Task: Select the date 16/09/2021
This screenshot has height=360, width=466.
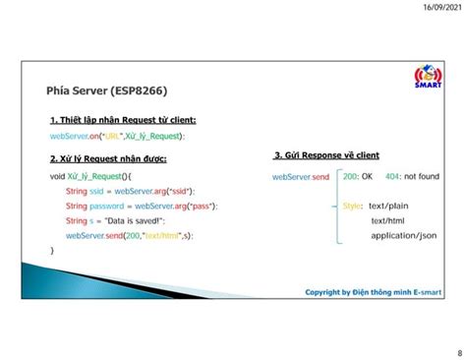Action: [438, 8]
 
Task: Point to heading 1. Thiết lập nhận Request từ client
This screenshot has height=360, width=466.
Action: [122, 121]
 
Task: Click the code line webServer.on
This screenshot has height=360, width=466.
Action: [117, 137]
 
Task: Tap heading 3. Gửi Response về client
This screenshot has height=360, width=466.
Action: [326, 156]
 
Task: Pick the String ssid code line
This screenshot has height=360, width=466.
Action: [130, 191]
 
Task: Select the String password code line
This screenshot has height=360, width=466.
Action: [142, 207]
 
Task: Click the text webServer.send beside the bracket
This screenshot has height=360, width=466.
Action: [301, 177]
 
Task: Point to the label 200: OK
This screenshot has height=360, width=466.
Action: [358, 177]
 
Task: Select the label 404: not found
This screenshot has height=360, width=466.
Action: [412, 177]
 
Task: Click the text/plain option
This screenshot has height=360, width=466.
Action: [388, 207]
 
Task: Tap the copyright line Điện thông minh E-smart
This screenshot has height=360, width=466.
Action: [375, 292]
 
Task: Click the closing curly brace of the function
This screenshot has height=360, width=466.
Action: [52, 251]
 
